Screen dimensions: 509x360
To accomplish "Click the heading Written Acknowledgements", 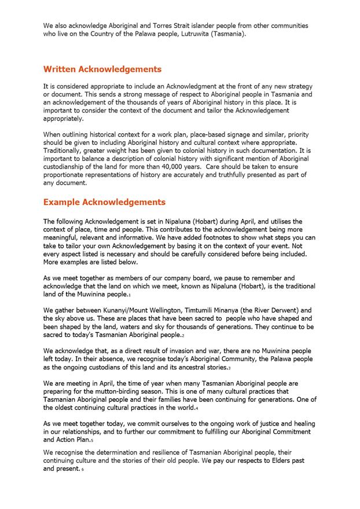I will click(x=102, y=69).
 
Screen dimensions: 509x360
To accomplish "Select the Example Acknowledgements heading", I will click(x=104, y=203).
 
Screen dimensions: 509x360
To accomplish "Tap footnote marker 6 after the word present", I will click(x=83, y=470).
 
